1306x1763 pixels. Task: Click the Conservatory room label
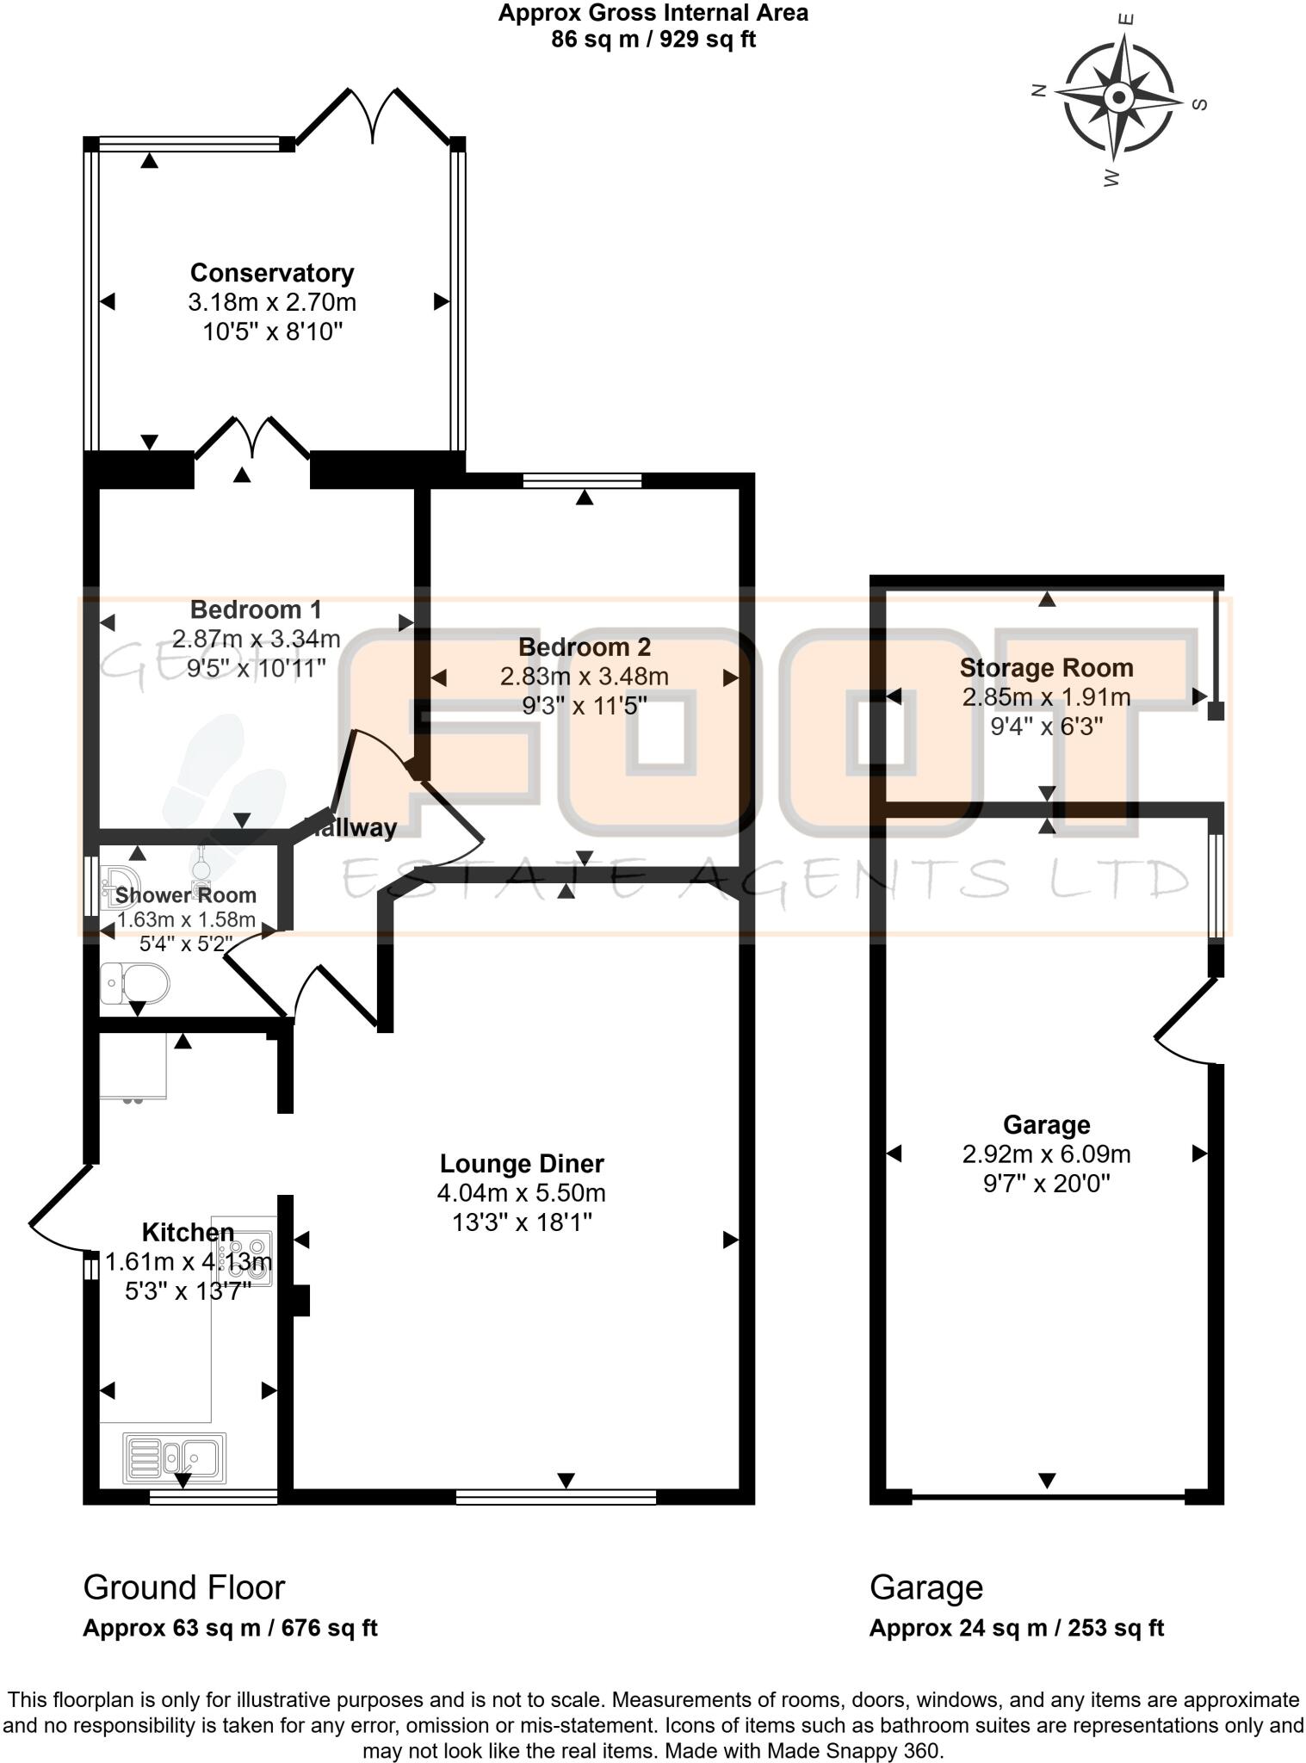tap(272, 273)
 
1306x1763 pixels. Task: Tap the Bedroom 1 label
tap(256, 609)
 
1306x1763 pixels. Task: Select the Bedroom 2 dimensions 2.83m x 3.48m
tap(584, 677)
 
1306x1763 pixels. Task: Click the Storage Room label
tap(1046, 668)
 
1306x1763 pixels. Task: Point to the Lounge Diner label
tap(522, 1164)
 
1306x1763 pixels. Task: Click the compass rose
tap(1118, 96)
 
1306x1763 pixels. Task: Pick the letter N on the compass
tap(1039, 90)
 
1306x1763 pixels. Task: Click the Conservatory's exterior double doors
tap(373, 115)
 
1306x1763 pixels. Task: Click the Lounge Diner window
tap(555, 1498)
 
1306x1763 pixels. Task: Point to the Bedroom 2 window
tap(583, 479)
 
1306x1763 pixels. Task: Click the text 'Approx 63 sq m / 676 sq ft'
tap(230, 1628)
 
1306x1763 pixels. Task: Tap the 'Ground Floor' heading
tap(183, 1587)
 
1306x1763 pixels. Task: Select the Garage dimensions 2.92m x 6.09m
tap(1046, 1154)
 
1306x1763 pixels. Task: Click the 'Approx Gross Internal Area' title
tap(653, 13)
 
